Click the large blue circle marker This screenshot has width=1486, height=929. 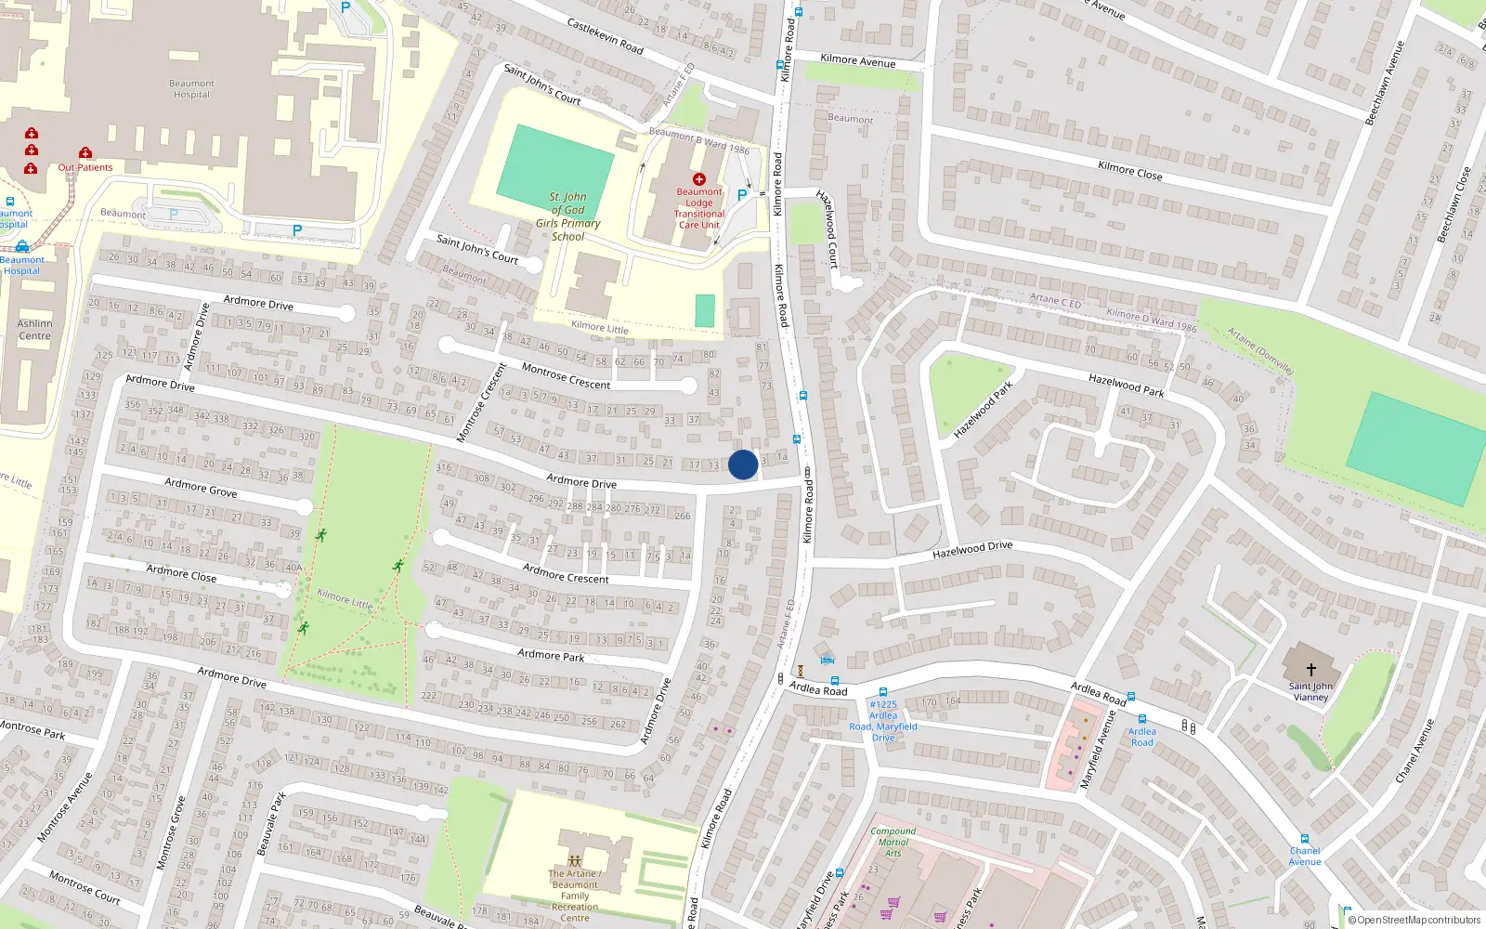(x=742, y=464)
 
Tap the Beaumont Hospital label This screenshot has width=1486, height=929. (x=191, y=89)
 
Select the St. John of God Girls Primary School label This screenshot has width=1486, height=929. (x=567, y=216)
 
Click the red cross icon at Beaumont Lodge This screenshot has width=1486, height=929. (x=699, y=179)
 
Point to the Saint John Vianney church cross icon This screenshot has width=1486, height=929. (x=1310, y=669)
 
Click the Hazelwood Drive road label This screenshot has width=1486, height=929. (x=972, y=550)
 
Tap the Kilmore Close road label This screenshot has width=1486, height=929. (x=1129, y=171)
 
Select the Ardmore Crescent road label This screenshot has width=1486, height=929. (x=566, y=573)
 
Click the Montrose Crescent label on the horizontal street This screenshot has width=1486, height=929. (x=566, y=377)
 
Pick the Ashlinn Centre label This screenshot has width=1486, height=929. (x=35, y=330)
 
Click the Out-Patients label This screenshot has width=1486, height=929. (x=85, y=168)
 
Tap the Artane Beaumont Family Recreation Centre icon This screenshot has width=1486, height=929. (x=575, y=861)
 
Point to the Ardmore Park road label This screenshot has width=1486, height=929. (x=551, y=655)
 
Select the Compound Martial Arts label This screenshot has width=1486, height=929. (x=893, y=842)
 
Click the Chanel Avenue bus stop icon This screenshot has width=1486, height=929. (x=1305, y=839)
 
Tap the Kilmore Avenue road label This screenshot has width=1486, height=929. (x=858, y=60)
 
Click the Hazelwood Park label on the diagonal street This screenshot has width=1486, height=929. (x=983, y=410)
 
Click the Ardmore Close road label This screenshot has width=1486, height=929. (x=181, y=572)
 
